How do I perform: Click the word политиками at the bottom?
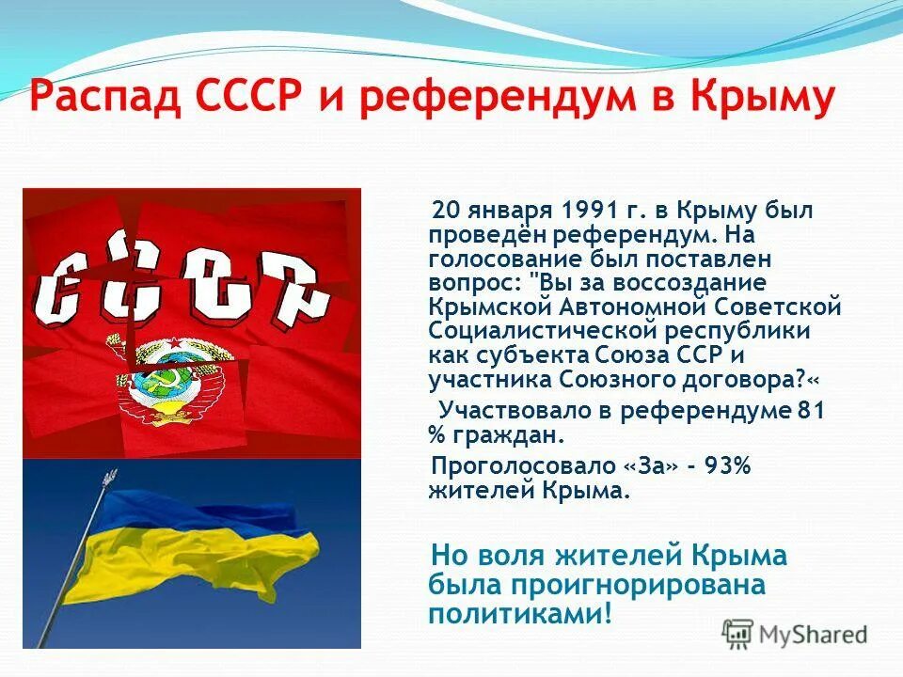coord(512,613)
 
